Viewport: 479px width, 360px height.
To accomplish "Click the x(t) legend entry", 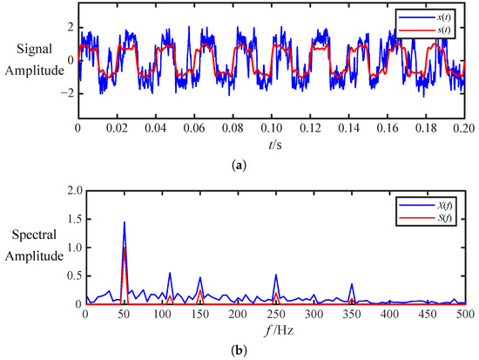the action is (x=425, y=17).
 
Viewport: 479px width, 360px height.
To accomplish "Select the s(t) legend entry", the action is (x=425, y=31).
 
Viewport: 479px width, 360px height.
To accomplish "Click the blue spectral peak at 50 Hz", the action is (x=125, y=222).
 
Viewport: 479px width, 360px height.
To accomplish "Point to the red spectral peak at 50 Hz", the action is (x=125, y=248).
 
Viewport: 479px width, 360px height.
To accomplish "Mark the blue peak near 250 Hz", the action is (x=276, y=275).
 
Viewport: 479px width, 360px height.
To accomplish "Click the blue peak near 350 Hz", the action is (x=352, y=284).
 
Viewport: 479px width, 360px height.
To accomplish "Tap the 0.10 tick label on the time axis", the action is (x=272, y=128).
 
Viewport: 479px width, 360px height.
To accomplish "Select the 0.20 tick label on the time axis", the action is (x=465, y=128).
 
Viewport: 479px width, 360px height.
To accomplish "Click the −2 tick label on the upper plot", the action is (x=67, y=93).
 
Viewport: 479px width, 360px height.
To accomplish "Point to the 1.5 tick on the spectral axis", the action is (x=75, y=219).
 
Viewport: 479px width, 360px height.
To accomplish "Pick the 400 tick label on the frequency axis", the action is (x=390, y=314).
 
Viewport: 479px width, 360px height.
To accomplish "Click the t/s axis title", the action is (x=275, y=145).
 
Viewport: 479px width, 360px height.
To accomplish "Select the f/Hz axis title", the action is (x=279, y=330).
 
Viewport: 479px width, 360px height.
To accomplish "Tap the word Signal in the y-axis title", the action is (x=35, y=49).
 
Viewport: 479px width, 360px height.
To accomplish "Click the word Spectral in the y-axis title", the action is (x=35, y=234).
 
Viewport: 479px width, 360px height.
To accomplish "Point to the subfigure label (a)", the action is (x=239, y=166).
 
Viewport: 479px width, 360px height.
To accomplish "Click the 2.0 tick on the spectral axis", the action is (x=75, y=191).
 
